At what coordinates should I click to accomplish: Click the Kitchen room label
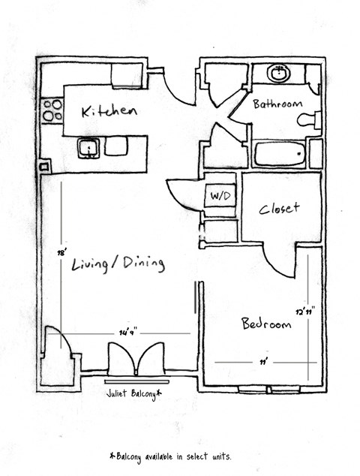pyautogui.click(x=109, y=112)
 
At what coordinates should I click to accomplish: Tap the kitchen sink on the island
pyautogui.click(x=88, y=147)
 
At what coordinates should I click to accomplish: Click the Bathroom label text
pyautogui.click(x=277, y=104)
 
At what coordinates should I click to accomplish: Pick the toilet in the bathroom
pyautogui.click(x=309, y=119)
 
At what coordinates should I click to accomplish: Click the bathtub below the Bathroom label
pyautogui.click(x=280, y=155)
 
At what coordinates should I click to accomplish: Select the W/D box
pyautogui.click(x=220, y=196)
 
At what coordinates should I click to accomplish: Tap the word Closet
pyautogui.click(x=279, y=209)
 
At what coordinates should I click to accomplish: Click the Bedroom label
pyautogui.click(x=265, y=324)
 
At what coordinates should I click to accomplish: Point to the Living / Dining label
pyautogui.click(x=118, y=264)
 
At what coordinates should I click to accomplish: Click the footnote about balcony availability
pyautogui.click(x=169, y=455)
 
